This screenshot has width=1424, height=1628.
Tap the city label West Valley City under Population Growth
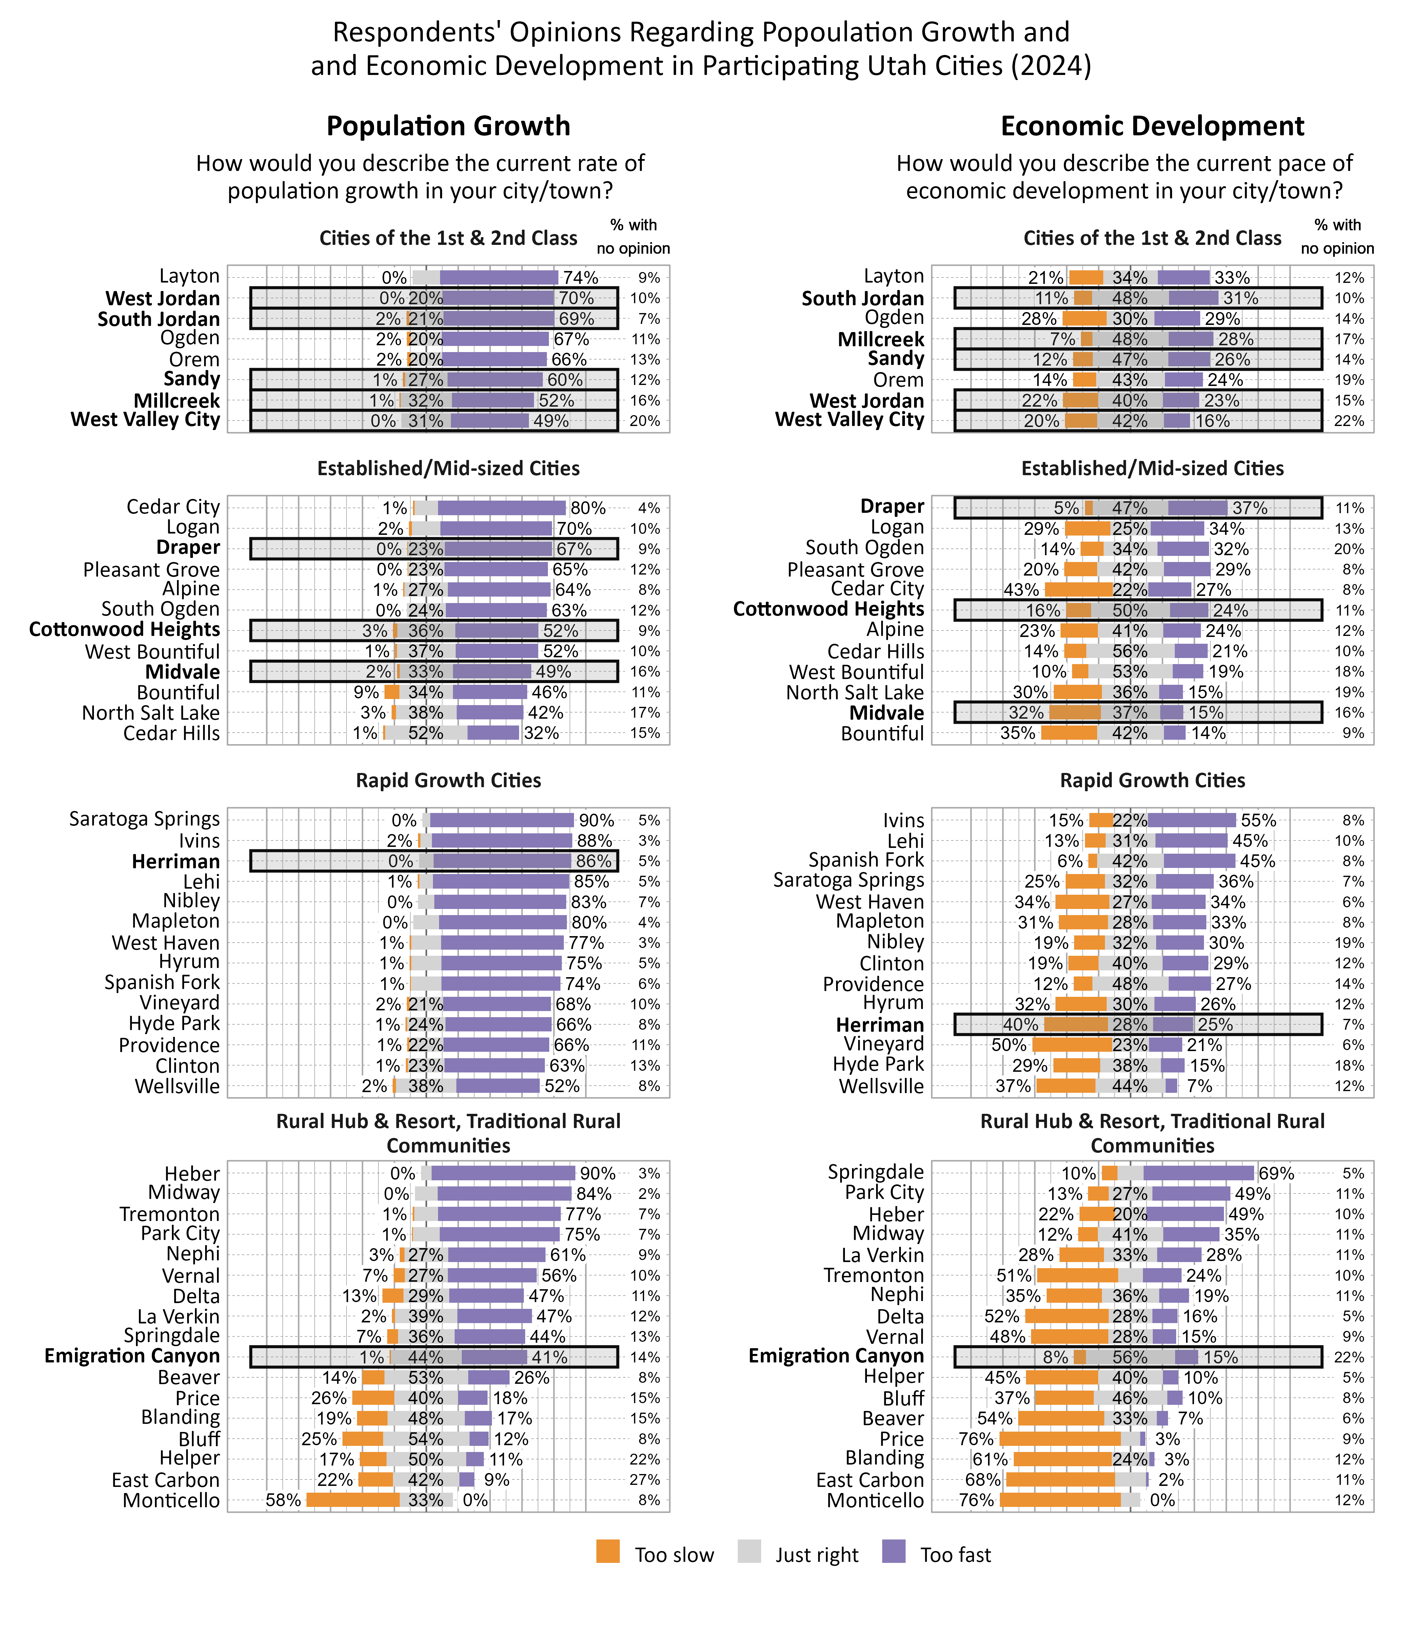point(145,420)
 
